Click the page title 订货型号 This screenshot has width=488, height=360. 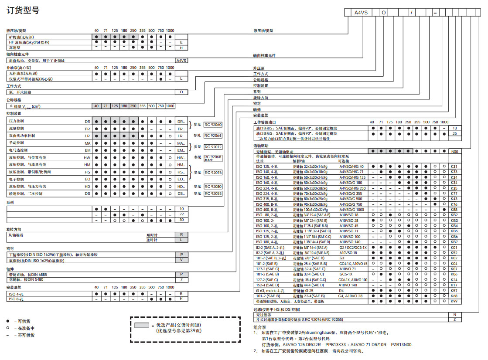click(23, 10)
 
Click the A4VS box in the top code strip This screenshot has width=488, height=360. click(362, 13)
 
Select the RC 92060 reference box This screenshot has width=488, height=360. click(213, 125)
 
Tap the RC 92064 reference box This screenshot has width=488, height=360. click(213, 136)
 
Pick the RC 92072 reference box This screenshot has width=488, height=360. click(213, 147)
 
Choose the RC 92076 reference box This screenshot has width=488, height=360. click(213, 173)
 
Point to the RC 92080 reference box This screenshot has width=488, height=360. click(213, 187)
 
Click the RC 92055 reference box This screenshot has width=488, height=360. click(213, 193)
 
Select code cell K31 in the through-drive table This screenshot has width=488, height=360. click(454, 166)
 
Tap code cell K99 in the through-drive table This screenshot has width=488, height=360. click(454, 301)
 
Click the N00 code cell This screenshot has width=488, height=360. click(454, 151)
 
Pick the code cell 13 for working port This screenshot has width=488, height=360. click(454, 128)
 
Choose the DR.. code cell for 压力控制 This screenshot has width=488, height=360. click(181, 122)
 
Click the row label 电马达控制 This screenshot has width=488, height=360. click(20, 150)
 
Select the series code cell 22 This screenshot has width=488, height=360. click(181, 214)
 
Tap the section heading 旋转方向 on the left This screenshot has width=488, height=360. click(14, 229)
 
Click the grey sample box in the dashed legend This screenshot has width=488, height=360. click(142, 326)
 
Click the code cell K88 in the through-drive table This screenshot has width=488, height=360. click(454, 210)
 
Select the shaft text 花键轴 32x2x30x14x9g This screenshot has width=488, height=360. click(312, 166)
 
